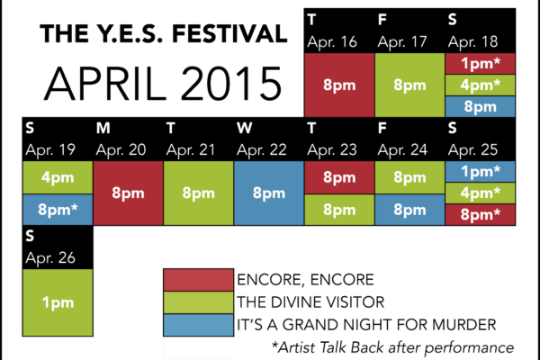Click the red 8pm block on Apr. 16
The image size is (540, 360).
tap(339, 85)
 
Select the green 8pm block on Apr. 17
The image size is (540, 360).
tap(409, 85)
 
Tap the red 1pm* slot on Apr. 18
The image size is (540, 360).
tap(480, 63)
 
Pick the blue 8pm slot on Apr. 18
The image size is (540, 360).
tap(480, 106)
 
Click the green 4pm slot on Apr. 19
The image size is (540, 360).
tap(58, 177)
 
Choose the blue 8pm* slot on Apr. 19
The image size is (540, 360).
tap(58, 210)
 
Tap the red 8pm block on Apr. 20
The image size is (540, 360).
tap(128, 193)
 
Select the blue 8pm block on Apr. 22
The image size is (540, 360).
tap(268, 193)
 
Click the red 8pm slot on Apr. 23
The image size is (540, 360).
tap(339, 177)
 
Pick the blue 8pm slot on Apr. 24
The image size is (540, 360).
tap(409, 210)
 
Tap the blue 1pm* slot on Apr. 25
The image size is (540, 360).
tap(480, 172)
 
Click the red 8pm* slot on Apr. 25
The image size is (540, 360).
tap(480, 214)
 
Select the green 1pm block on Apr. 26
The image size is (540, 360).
tap(58, 302)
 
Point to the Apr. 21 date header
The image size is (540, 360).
tap(191, 150)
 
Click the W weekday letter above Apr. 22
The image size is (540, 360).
tap(244, 128)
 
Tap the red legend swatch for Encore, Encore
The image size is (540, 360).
tap(198, 280)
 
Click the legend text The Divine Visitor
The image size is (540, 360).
tap(310, 302)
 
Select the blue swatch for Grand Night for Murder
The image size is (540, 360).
tap(198, 325)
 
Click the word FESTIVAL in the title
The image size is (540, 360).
tap(229, 34)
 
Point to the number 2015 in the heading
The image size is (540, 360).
tap(231, 84)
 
